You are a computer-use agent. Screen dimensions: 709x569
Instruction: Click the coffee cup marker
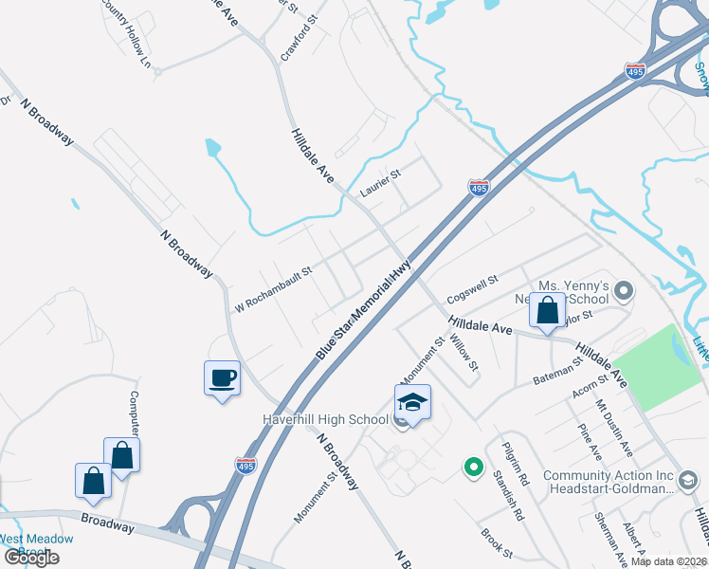223,378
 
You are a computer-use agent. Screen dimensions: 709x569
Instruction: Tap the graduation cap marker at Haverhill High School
412,402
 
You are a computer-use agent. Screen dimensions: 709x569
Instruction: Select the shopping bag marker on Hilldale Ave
548,310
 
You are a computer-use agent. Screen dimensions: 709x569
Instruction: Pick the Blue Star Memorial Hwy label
365,306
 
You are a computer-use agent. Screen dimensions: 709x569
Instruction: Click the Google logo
32,557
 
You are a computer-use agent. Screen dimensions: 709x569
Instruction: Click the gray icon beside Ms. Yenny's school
624,289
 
